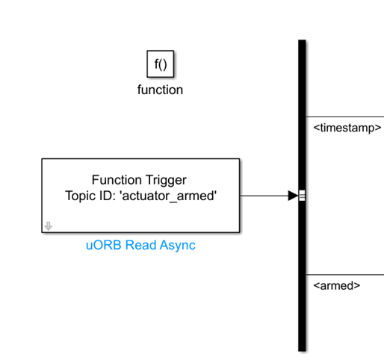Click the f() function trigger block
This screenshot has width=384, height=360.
click(161, 64)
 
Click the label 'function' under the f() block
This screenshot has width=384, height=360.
click(160, 90)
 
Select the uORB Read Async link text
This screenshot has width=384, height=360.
click(140, 245)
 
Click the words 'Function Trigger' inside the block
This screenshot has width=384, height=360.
click(139, 180)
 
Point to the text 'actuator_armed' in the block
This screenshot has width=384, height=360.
click(168, 196)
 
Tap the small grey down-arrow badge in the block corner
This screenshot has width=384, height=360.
click(49, 226)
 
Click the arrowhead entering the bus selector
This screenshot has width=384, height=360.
click(293, 196)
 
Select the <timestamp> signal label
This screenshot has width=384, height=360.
click(347, 128)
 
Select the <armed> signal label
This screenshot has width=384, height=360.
click(337, 285)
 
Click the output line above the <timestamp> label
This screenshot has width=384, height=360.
click(345, 117)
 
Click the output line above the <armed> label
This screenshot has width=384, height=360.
click(345, 275)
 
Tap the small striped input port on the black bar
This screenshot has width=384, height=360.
click(302, 196)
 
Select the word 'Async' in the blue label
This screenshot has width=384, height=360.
click(178, 245)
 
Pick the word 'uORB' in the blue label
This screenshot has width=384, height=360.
click(104, 245)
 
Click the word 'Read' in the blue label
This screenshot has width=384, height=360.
click(140, 245)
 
